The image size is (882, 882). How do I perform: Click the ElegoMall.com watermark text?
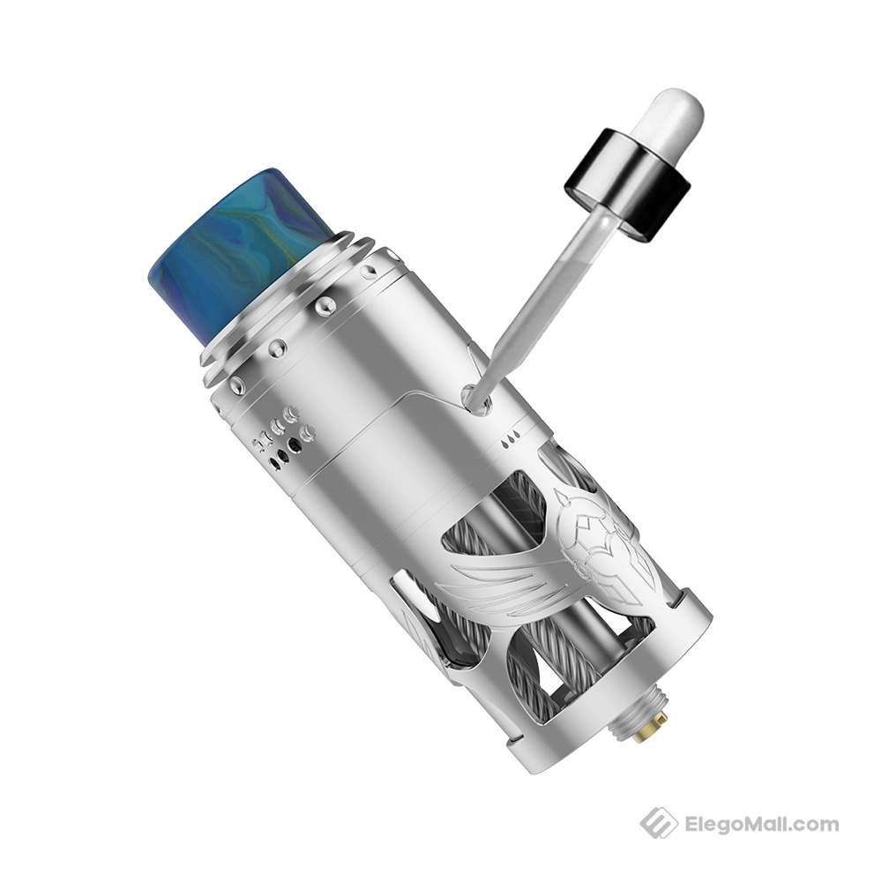761,826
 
